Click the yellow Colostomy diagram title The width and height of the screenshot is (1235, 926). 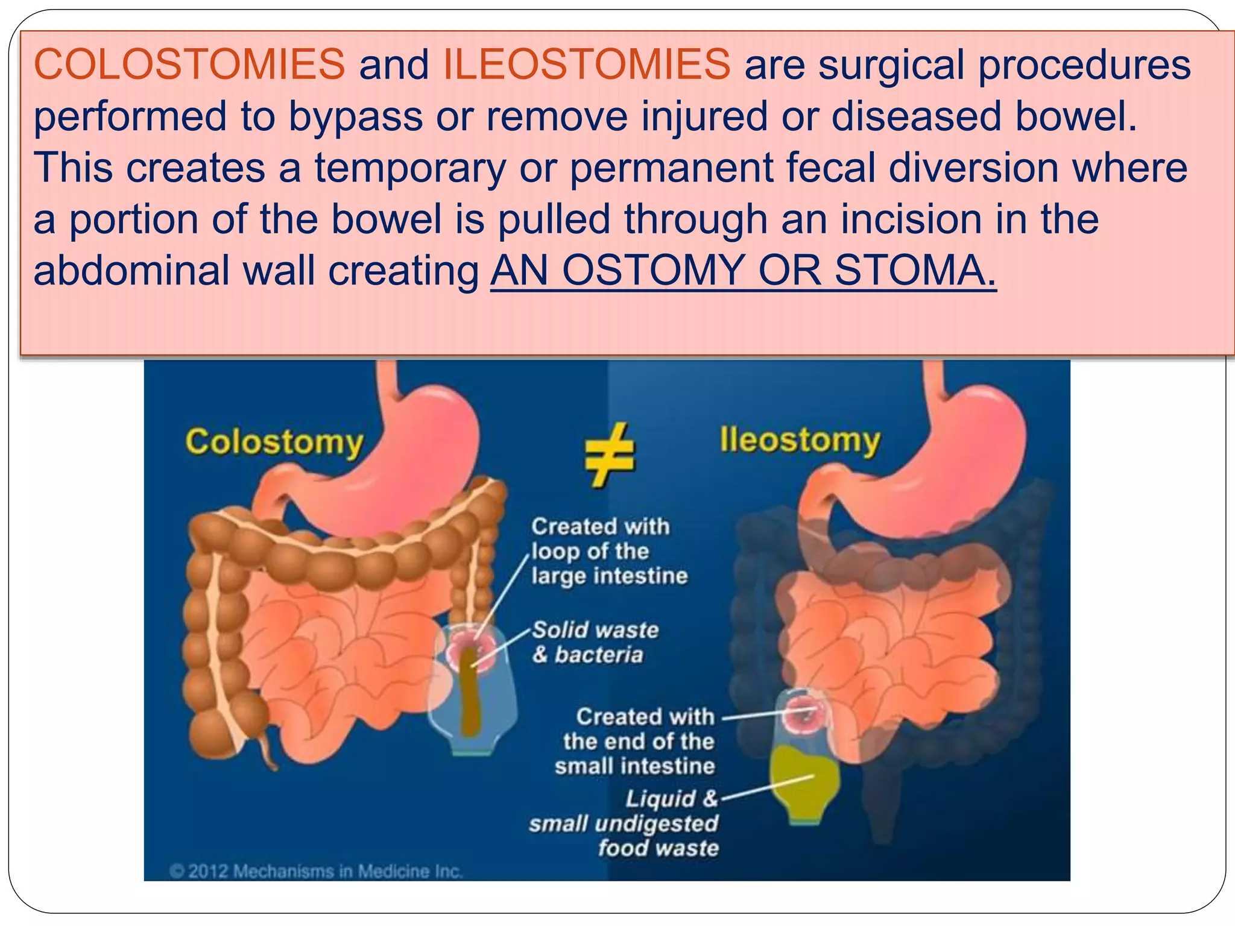[274, 443]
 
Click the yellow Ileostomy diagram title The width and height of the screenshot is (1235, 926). [800, 441]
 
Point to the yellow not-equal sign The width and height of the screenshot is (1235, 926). [609, 455]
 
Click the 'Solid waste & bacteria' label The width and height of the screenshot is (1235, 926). [595, 642]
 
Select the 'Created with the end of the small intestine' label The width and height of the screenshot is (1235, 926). [636, 741]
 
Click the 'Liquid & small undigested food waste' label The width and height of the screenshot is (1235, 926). [625, 823]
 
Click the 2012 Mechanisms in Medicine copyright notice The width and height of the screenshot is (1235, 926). [316, 871]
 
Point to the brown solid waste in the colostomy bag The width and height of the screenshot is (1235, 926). [469, 693]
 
